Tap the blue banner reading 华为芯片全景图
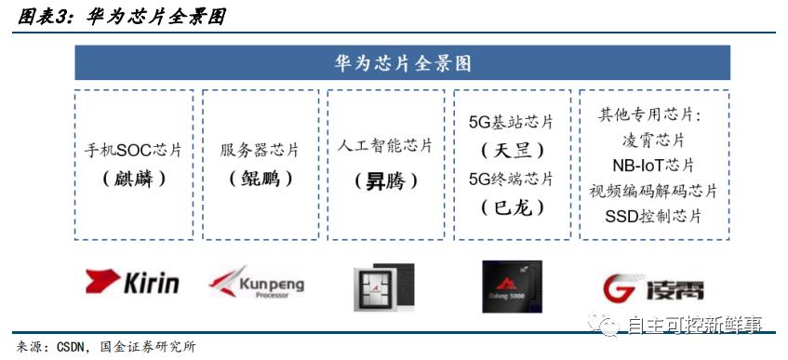pos(402,63)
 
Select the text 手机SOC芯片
pos(133,150)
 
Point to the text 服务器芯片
pos(260,150)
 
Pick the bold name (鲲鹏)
pos(260,179)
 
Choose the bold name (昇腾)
pos(386,180)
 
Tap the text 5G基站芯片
pos(511,122)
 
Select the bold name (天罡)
pos(512,150)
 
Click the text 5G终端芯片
pos(511,179)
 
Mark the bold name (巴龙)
pos(512,207)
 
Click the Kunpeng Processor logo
pos(256,283)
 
